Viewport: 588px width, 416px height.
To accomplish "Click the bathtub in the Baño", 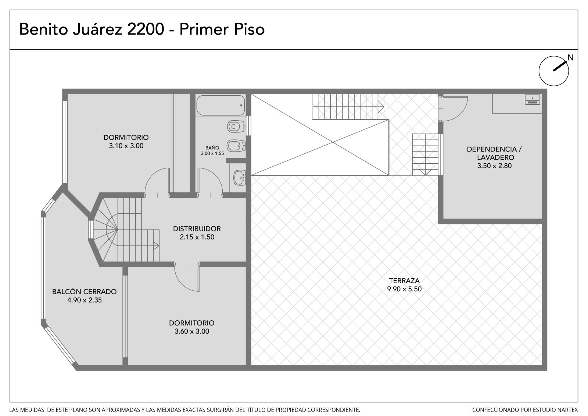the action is pyautogui.click(x=220, y=106).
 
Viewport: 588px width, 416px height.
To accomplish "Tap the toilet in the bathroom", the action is pyautogui.click(x=236, y=127).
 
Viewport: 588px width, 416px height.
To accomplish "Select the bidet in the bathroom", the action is pyautogui.click(x=236, y=146).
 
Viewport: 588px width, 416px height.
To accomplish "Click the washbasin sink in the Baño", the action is pyautogui.click(x=239, y=177).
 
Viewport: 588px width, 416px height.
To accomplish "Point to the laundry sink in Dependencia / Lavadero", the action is pyautogui.click(x=533, y=100).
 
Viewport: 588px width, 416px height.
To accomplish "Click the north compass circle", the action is pyautogui.click(x=553, y=71).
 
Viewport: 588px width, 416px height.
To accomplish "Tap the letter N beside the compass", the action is pyautogui.click(x=570, y=57).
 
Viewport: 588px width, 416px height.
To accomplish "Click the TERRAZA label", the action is pyautogui.click(x=404, y=280).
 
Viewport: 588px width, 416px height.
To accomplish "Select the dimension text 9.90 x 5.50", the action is pyautogui.click(x=404, y=289).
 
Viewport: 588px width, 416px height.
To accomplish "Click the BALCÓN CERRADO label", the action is pyautogui.click(x=84, y=291).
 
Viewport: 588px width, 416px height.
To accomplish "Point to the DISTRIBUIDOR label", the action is pyautogui.click(x=197, y=229).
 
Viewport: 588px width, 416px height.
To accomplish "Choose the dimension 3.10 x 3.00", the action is pyautogui.click(x=126, y=146).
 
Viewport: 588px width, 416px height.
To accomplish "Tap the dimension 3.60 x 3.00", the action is pyautogui.click(x=192, y=331).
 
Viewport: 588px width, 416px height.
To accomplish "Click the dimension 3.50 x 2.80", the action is pyautogui.click(x=494, y=166).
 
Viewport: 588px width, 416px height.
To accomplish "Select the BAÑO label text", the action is pyautogui.click(x=212, y=148).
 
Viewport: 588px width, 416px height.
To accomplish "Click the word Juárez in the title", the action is pyautogui.click(x=97, y=29).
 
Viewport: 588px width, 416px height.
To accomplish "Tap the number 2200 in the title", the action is pyautogui.click(x=146, y=29).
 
